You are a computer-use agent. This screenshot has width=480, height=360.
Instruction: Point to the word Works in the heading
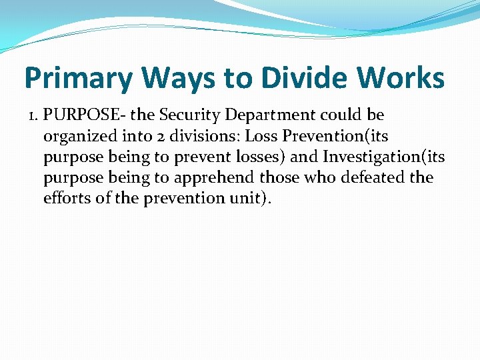[x=403, y=77]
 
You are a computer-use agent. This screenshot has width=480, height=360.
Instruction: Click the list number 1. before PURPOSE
[x=33, y=115]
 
